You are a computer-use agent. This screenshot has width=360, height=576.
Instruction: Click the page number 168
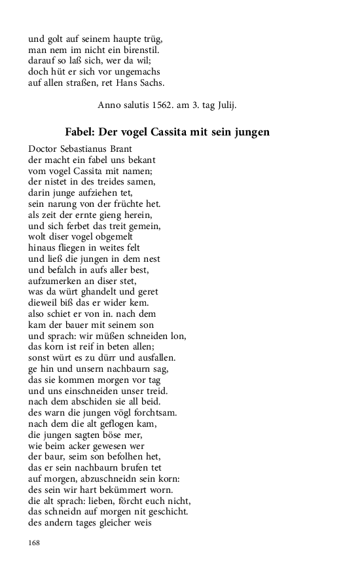[35, 543]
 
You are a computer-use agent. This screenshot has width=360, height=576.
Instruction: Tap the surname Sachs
[152, 82]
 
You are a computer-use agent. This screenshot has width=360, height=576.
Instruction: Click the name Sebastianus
[91, 149]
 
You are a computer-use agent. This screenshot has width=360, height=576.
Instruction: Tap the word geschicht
[166, 513]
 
